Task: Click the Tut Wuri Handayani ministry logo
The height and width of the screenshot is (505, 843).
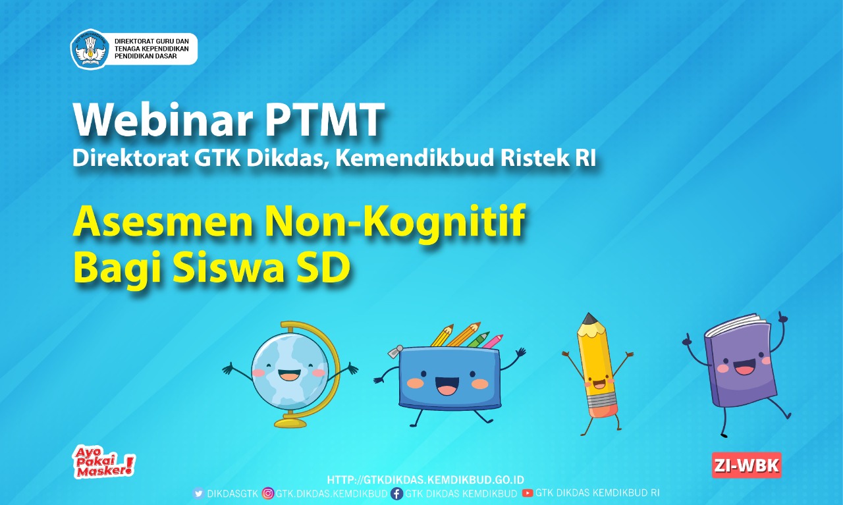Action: pyautogui.click(x=90, y=49)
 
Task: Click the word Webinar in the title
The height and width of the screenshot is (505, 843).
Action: pyautogui.click(x=163, y=119)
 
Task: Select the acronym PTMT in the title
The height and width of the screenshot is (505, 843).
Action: pyautogui.click(x=325, y=119)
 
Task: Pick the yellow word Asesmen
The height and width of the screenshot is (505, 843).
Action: pyautogui.click(x=163, y=222)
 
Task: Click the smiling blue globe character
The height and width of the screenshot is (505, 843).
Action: pyautogui.click(x=290, y=374)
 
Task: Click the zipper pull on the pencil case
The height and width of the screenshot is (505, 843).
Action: pyautogui.click(x=394, y=352)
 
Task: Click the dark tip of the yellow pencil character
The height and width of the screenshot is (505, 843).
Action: pyautogui.click(x=588, y=319)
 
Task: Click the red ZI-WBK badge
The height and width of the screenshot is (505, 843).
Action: pyautogui.click(x=747, y=465)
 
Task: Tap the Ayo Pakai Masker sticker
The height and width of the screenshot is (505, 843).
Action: pyautogui.click(x=103, y=462)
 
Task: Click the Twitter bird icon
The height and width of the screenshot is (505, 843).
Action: pyautogui.click(x=199, y=493)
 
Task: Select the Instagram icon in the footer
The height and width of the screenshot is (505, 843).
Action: pyautogui.click(x=267, y=493)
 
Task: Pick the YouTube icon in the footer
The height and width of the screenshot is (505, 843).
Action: pyautogui.click(x=528, y=493)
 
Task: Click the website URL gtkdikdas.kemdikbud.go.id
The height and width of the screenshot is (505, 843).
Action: pyautogui.click(x=425, y=480)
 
